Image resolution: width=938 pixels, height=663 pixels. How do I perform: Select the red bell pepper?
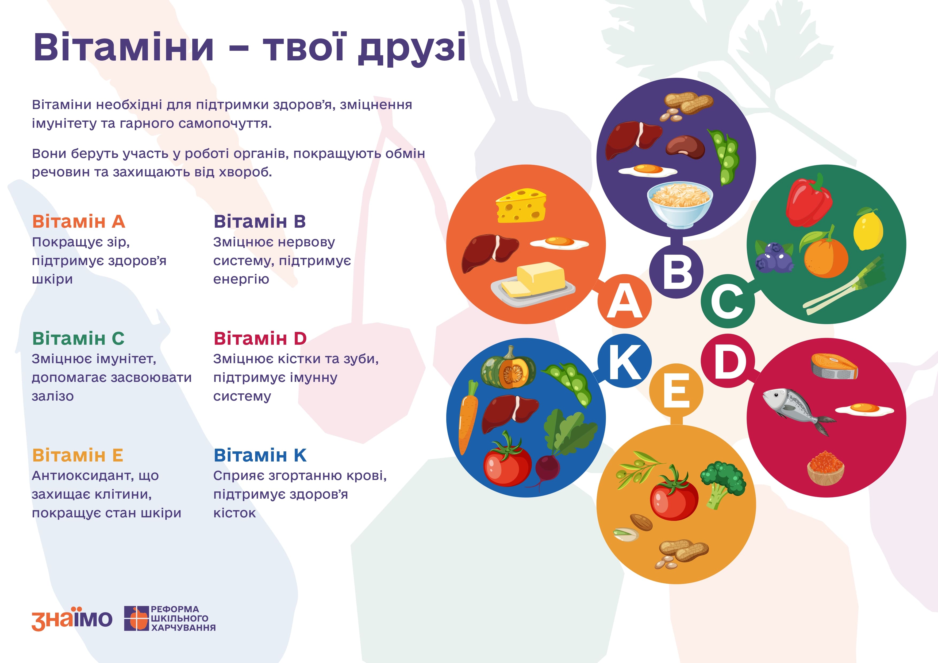pos(809,200)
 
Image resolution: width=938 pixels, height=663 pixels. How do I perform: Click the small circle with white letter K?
pos(624,361)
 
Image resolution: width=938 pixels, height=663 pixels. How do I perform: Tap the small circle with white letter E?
pos(676,390)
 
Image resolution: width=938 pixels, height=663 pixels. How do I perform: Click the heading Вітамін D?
pos(260,338)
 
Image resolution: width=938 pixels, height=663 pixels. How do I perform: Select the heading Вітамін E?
pos(78,455)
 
